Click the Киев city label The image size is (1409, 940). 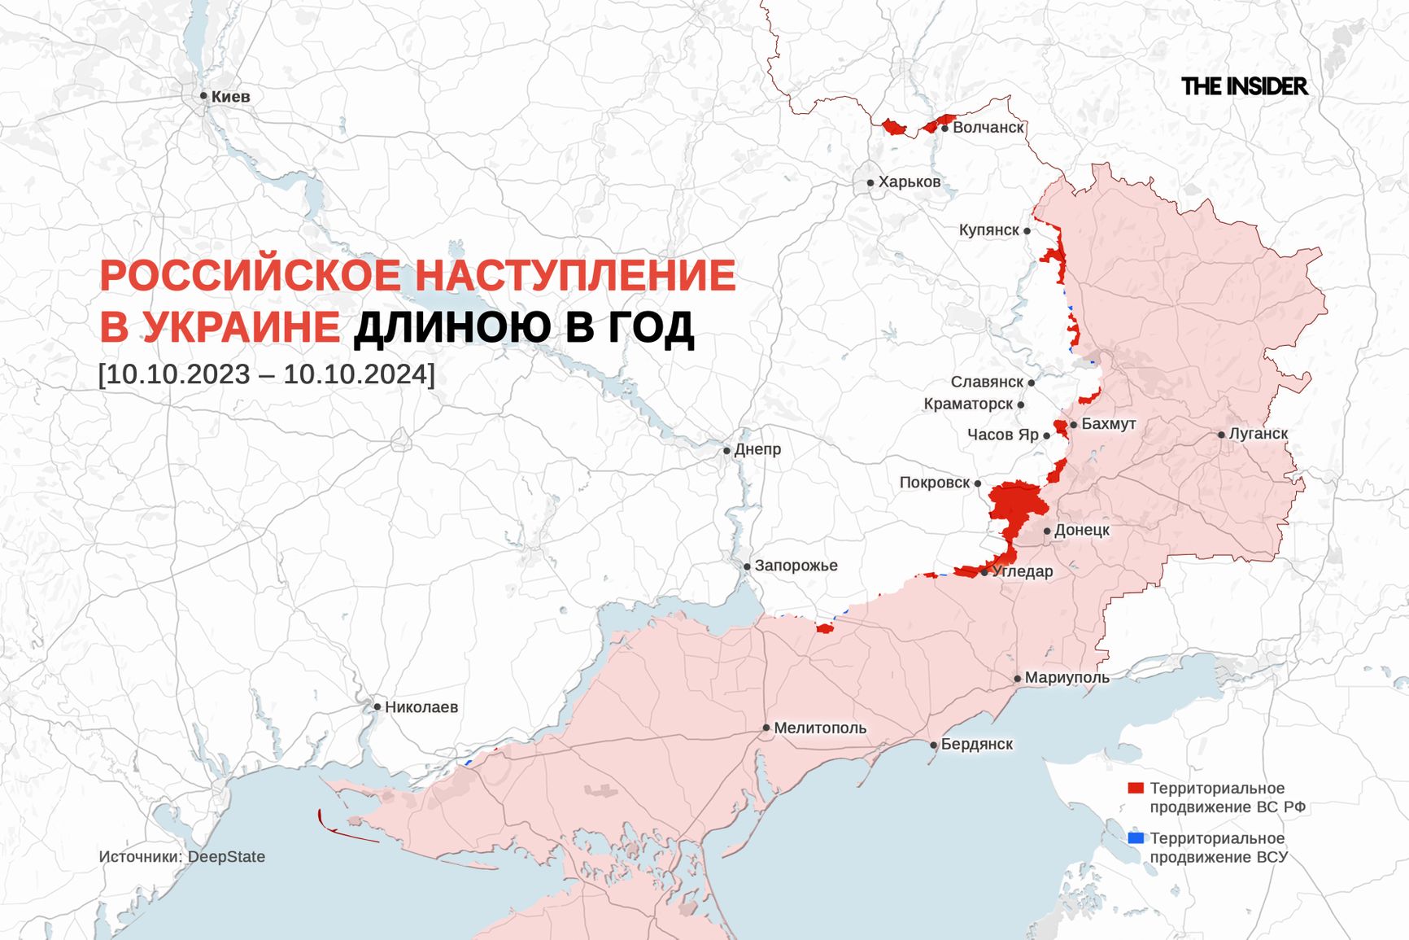point(230,97)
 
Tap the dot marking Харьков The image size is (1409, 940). point(870,183)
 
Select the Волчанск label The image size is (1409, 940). point(988,128)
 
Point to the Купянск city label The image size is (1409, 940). point(988,230)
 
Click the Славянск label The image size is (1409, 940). point(987,382)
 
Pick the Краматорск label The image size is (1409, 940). point(968,404)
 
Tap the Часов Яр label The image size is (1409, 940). point(1002,435)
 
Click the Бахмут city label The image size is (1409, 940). point(1108,424)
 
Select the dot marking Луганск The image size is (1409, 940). point(1221,435)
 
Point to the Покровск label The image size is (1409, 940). point(935,483)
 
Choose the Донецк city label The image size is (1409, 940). point(1082,530)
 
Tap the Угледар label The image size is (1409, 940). point(1023,571)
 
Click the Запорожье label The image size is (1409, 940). point(796,566)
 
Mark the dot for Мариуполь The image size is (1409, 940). point(1018,678)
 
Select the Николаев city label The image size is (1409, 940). point(421,707)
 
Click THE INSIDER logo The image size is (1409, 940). point(1244,86)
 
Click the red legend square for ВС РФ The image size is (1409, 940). point(1136,788)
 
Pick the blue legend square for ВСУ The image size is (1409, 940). point(1136,838)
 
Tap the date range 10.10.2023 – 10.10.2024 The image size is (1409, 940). point(266,374)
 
